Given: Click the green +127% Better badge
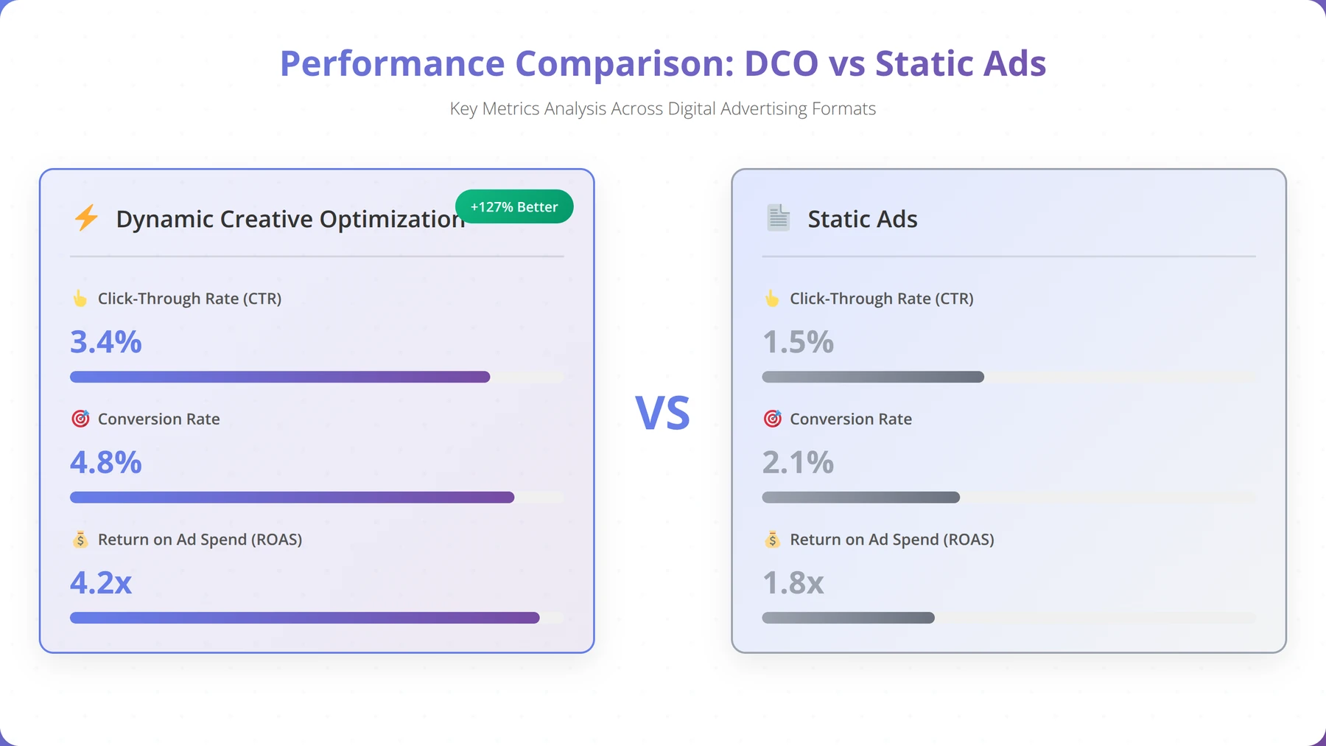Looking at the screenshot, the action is pos(514,207).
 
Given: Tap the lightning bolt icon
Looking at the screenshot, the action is pos(86,218).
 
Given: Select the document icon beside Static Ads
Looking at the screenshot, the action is pos(778,218).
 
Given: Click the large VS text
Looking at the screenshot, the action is pos(663,414).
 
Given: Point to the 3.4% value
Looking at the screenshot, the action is pos(106,342).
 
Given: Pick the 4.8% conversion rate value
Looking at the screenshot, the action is pos(106,462).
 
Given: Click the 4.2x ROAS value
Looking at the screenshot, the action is pos(101,583).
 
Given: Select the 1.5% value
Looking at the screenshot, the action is pos(798,342).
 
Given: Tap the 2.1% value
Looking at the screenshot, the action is pos(798,462).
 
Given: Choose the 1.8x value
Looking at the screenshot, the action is pos(793,583).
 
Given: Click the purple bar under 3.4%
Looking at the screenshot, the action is pos(280,377).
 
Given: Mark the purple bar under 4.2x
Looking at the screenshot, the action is pos(305,618).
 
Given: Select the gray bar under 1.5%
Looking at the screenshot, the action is pos(873,377).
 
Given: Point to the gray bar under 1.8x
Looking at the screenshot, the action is pos(849,618).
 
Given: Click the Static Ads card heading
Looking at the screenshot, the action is pos(863,219).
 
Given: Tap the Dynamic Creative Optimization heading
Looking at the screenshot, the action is pos(291,220).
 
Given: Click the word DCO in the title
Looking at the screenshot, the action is pos(781,63).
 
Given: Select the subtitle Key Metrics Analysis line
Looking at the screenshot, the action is pos(663,109).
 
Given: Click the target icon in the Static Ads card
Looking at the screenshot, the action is pos(772,419).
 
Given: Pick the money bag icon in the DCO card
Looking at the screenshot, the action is pos(80,540).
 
